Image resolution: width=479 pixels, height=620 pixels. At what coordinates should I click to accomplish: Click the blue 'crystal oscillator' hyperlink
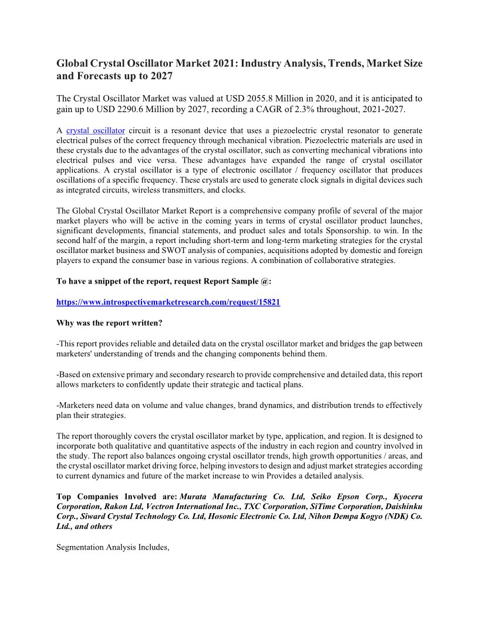click(96, 130)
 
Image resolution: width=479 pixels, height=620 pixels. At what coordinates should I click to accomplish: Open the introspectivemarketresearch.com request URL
click(168, 302)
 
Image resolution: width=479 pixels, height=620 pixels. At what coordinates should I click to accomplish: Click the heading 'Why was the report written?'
click(109, 322)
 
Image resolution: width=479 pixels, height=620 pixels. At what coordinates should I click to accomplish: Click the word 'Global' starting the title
click(72, 63)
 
